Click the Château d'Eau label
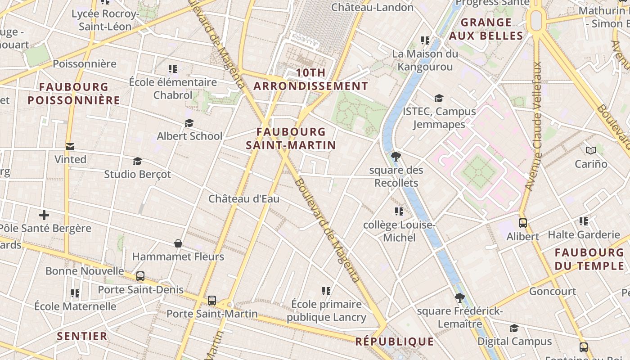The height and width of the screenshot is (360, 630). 244,198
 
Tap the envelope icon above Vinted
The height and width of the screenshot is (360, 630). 70,147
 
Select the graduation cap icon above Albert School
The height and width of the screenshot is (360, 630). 189,123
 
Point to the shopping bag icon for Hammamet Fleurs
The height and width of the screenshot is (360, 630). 178,243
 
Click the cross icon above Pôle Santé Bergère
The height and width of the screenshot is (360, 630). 44,215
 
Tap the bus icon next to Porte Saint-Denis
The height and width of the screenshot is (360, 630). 140,276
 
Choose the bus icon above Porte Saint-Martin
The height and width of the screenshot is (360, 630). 212,301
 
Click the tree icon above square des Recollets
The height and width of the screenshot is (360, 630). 396,157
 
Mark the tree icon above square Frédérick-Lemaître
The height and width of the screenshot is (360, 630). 459,297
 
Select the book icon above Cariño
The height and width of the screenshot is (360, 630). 591,150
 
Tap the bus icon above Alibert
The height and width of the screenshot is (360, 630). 523,223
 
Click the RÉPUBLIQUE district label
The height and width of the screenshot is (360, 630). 395,342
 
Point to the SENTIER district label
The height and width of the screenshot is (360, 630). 82,336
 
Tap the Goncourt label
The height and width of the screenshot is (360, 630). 553,291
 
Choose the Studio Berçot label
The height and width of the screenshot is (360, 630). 138,174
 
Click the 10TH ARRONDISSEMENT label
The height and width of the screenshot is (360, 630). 310,79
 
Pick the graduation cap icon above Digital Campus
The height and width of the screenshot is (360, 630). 514,328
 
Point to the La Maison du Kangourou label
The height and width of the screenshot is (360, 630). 425,60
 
